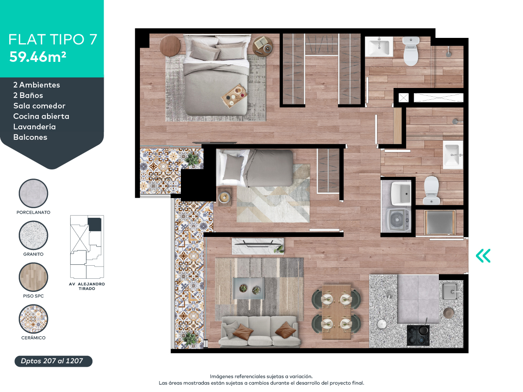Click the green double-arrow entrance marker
(x=483, y=256)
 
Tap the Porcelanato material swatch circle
(x=34, y=193)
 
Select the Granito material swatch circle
(x=34, y=235)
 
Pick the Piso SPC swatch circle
(x=34, y=277)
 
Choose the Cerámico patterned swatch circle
(x=34, y=319)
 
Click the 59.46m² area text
(x=37, y=57)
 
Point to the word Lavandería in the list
(x=34, y=127)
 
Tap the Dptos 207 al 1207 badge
(x=53, y=361)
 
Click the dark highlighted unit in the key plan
(x=95, y=224)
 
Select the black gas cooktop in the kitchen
(x=418, y=335)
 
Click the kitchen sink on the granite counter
(x=450, y=291)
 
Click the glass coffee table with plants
(x=249, y=288)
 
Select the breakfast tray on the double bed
(x=234, y=96)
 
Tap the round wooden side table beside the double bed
(x=170, y=46)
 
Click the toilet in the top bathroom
(x=411, y=51)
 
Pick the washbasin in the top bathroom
(x=379, y=47)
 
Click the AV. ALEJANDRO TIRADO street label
(x=87, y=286)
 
